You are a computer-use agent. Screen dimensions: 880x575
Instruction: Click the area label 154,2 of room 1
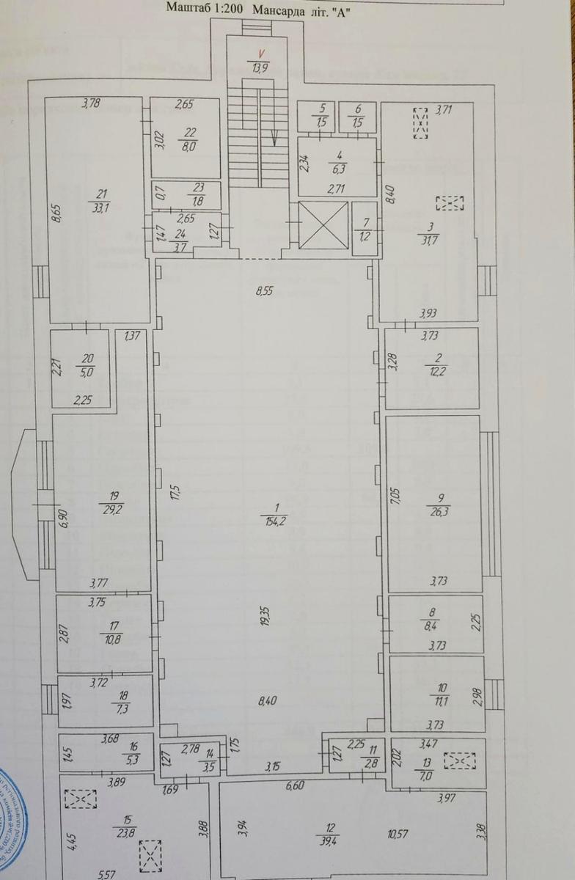(276, 521)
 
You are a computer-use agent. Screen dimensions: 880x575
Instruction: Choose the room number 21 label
(102, 194)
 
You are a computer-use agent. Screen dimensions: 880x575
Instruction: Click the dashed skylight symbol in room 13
(461, 760)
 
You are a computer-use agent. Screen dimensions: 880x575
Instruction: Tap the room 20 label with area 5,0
(88, 364)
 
